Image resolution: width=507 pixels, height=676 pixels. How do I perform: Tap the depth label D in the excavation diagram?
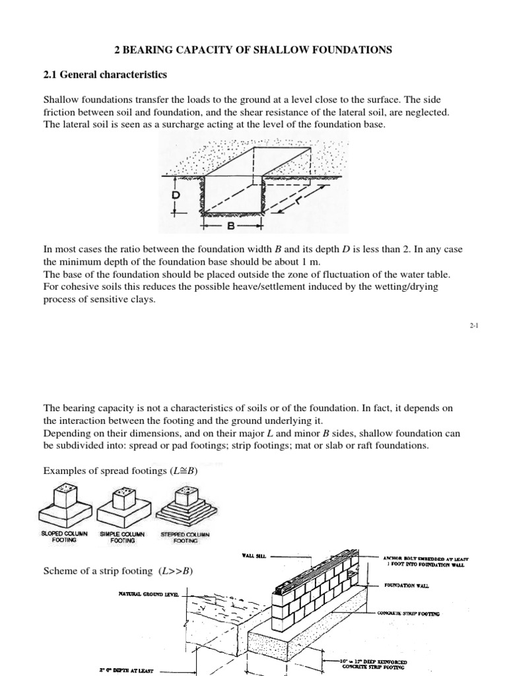pos(176,196)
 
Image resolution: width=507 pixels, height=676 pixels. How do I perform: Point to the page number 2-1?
pos(473,326)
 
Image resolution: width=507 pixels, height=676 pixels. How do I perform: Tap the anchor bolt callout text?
pos(425,561)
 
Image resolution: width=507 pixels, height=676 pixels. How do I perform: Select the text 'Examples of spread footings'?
pos(108,471)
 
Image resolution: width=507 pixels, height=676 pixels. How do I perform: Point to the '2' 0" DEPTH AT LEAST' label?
pos(125,670)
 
